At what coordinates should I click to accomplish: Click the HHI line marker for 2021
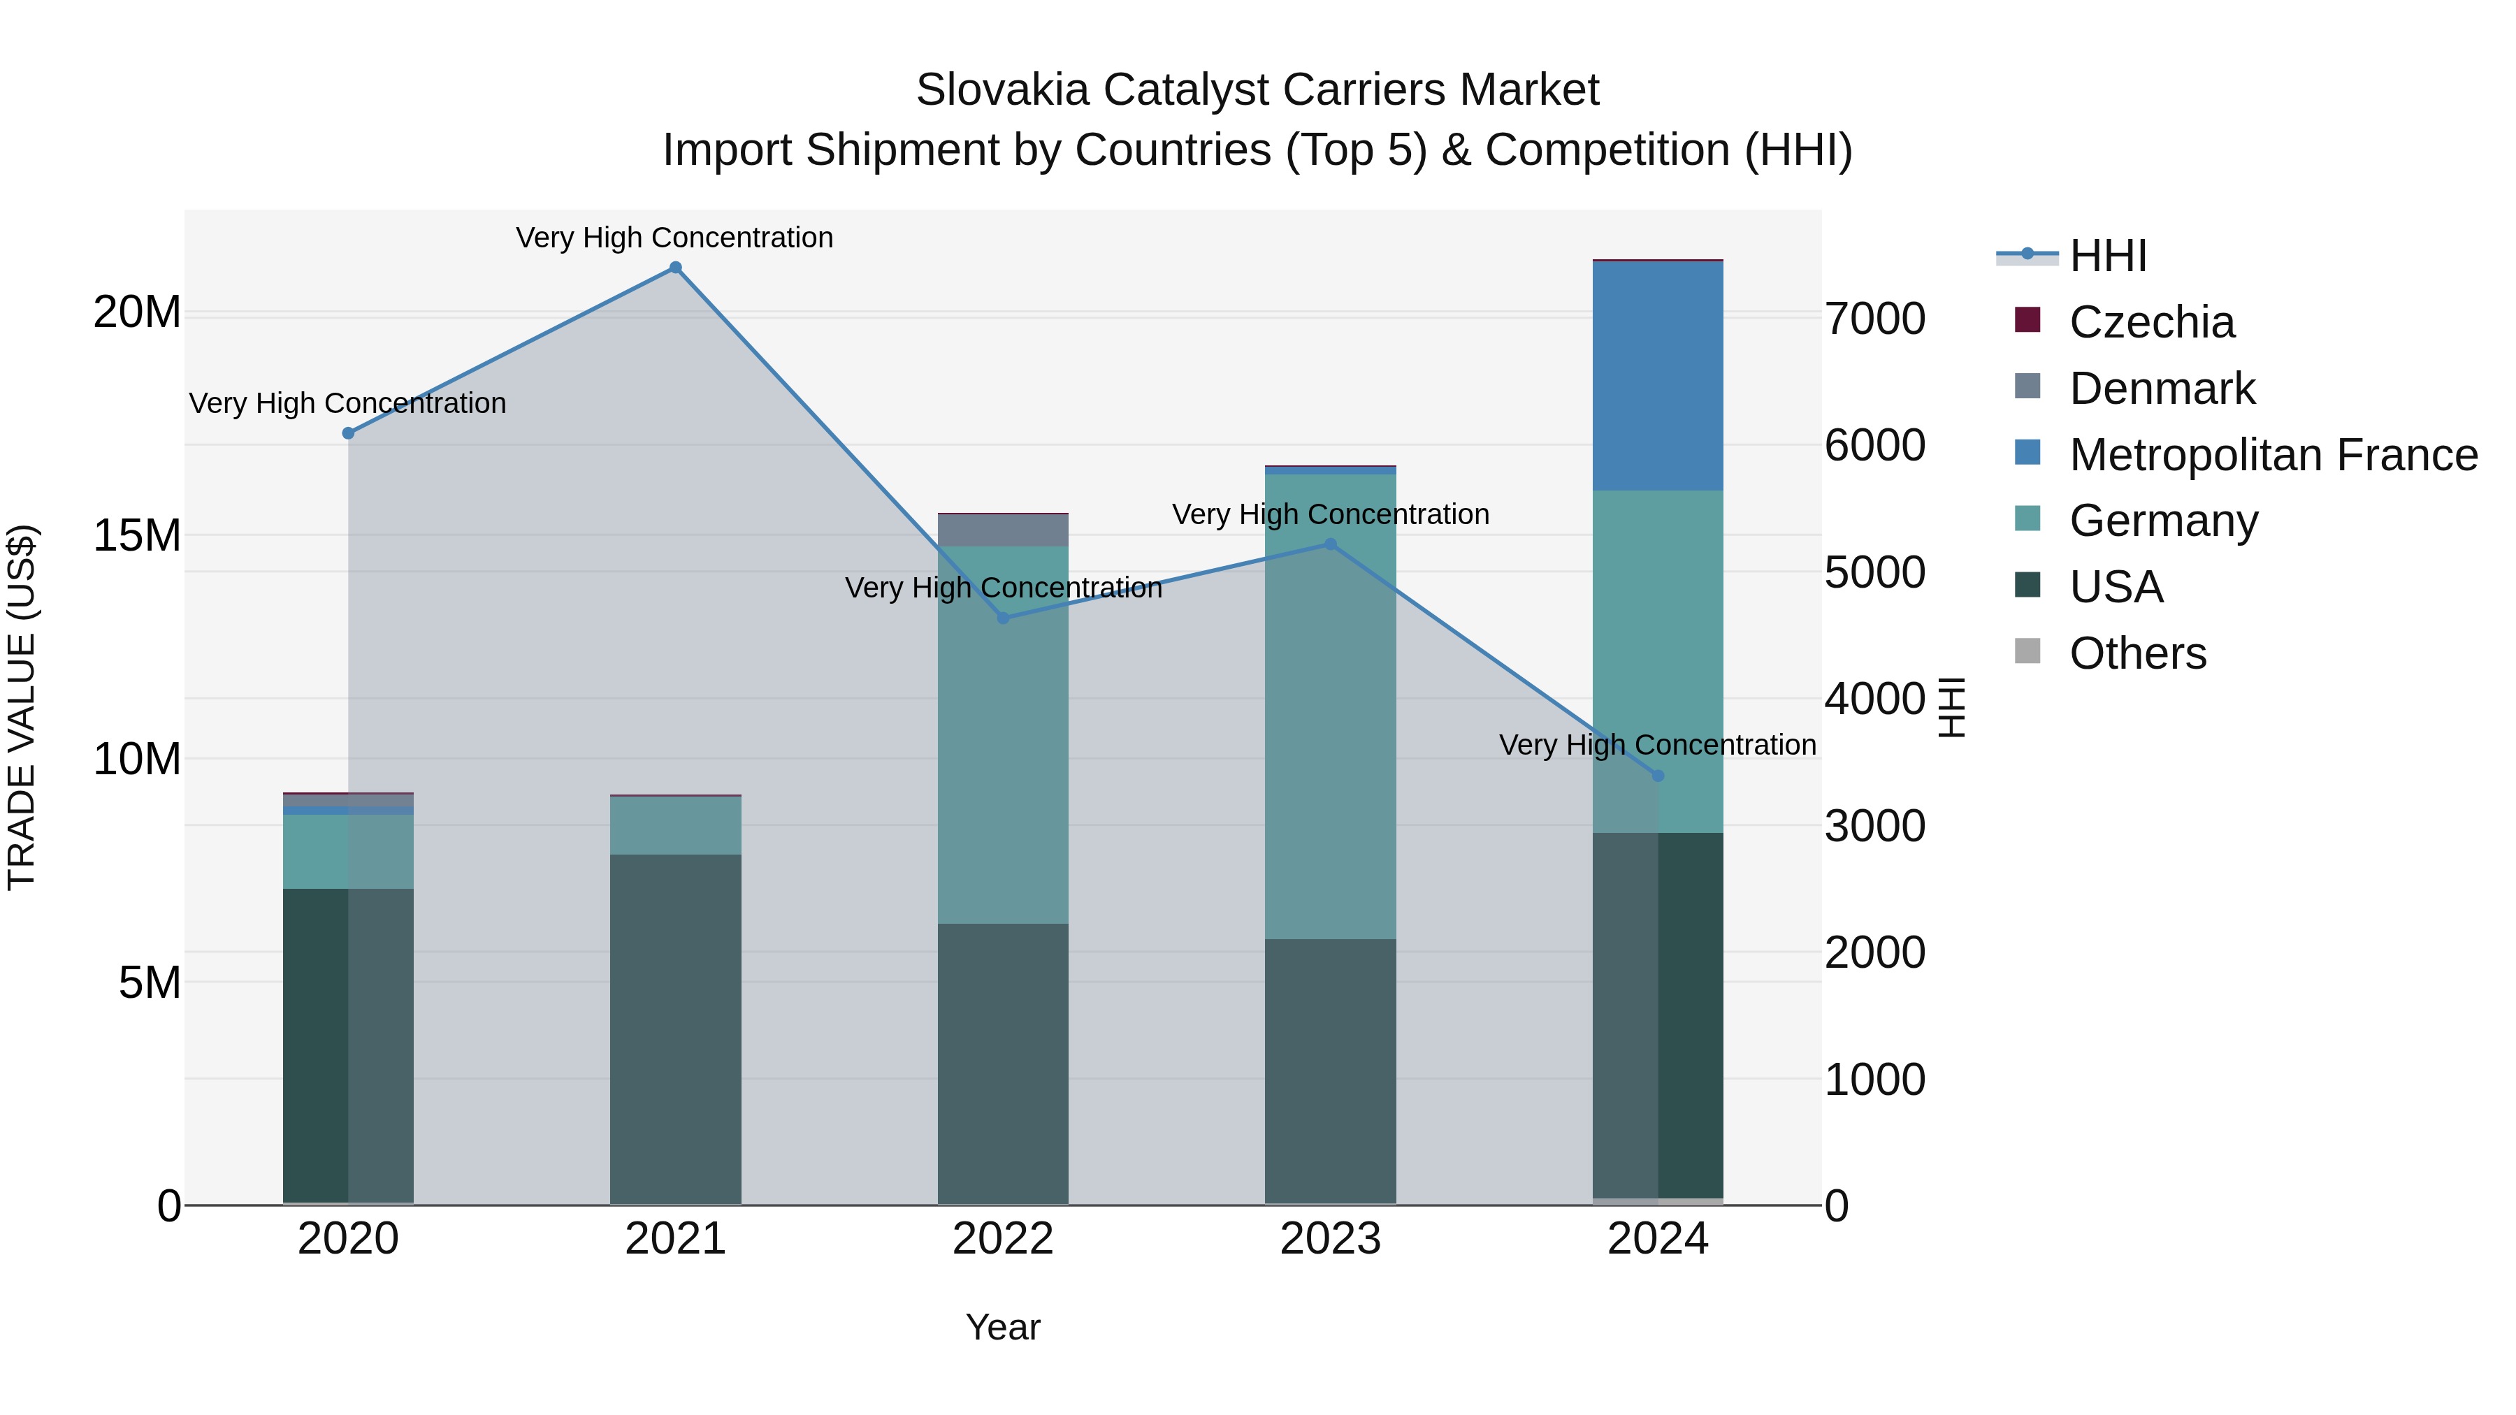pos(675,268)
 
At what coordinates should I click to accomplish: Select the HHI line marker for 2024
pos(1658,776)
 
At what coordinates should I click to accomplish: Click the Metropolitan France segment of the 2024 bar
pos(1658,376)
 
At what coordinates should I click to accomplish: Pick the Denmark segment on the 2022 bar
pos(1003,530)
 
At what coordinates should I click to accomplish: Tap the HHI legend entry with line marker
pos(2071,256)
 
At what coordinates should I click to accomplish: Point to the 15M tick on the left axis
pos(137,535)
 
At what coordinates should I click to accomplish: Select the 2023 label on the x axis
pos(1330,1239)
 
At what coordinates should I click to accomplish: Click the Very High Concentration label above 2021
pos(675,238)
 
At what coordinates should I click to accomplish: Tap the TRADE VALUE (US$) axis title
pos(22,707)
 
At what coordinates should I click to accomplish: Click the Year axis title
pos(1003,1327)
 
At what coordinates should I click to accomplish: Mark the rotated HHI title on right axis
pos(1951,707)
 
